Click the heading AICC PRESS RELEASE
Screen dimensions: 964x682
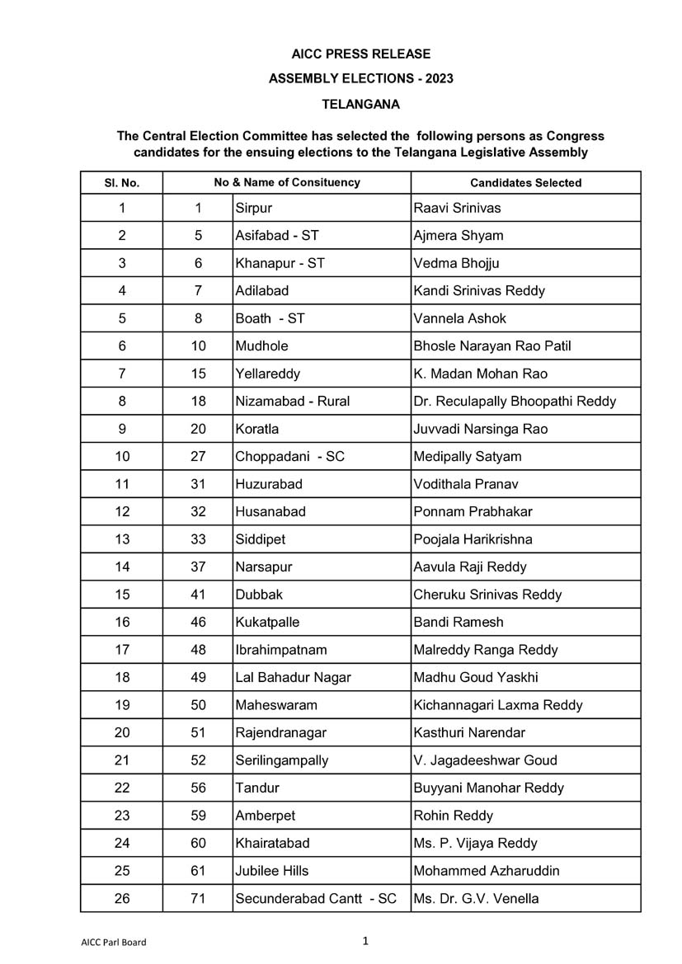[360, 54]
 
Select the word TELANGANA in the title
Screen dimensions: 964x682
[360, 105]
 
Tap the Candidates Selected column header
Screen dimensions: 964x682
[525, 183]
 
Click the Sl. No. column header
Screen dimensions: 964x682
[121, 183]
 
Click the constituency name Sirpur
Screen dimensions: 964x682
[253, 208]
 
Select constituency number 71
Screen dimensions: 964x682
[198, 898]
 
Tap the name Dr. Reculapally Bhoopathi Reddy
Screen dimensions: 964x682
[515, 401]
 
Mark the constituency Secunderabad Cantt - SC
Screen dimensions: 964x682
[316, 898]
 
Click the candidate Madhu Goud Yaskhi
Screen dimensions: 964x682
[475, 677]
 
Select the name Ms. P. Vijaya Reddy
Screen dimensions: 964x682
[475, 843]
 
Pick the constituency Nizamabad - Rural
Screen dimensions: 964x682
[292, 401]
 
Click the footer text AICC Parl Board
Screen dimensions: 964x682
[114, 942]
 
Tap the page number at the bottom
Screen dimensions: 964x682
[365, 940]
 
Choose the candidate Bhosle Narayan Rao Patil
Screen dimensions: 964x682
[492, 346]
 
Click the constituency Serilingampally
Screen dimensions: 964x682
[281, 760]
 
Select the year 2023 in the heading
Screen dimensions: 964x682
[438, 79]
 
